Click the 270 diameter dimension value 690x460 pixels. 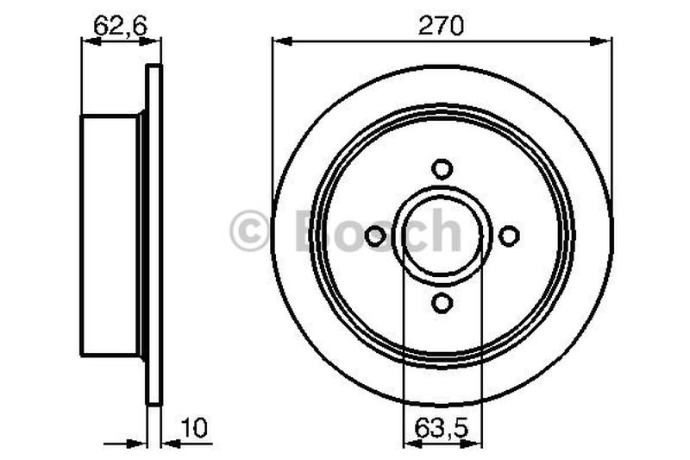(442, 26)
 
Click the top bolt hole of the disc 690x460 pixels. (442, 168)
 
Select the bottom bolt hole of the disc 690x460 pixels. (442, 302)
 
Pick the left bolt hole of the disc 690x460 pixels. (375, 235)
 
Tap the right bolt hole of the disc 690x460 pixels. (509, 235)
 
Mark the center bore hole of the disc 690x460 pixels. (442, 235)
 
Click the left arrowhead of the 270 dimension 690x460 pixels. (278, 41)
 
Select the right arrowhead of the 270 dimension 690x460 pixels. (606, 41)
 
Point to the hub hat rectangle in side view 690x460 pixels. (110, 235)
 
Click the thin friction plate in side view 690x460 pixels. (154, 235)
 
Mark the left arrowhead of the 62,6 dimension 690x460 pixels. (86, 41)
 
